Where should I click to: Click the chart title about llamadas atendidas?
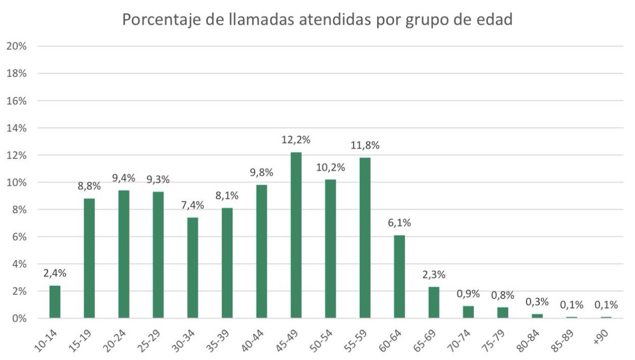[317, 20]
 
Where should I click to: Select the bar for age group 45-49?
[296, 235]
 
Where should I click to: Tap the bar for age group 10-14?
[55, 302]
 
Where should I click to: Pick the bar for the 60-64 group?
[399, 276]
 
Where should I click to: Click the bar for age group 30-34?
[193, 267]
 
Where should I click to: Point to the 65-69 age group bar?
[434, 302]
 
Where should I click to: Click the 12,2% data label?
[296, 140]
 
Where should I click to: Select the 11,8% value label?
[365, 146]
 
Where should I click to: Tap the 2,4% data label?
[55, 274]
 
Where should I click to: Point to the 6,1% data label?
[399, 223]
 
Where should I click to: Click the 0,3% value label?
[537, 302]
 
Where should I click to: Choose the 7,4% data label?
[193, 205]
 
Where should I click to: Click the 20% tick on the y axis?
[16, 46]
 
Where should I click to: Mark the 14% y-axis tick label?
[16, 128]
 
